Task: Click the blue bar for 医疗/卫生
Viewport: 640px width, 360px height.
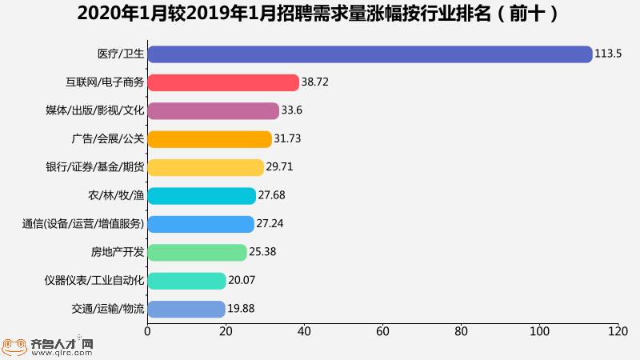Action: click(370, 54)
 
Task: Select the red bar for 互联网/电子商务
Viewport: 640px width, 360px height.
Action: click(223, 82)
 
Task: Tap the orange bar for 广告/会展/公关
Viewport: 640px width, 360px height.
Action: click(210, 139)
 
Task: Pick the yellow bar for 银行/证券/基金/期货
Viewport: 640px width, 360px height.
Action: click(206, 167)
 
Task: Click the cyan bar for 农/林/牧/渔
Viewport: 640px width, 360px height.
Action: click(202, 196)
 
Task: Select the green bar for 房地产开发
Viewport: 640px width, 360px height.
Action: click(197, 252)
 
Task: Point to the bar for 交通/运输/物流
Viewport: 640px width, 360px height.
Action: click(186, 309)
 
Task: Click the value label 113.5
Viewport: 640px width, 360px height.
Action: click(608, 54)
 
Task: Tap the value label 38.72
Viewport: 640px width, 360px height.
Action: click(315, 82)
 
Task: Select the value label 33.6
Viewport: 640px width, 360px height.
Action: click(292, 110)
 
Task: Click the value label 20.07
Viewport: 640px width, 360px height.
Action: click(242, 281)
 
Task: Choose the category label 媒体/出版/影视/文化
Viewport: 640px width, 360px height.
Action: click(95, 110)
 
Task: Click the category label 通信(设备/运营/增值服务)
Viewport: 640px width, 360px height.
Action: click(83, 224)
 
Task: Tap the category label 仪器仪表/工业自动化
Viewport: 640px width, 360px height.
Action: click(94, 281)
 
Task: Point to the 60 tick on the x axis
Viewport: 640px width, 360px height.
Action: click(382, 330)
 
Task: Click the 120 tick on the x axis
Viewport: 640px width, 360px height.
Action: click(618, 330)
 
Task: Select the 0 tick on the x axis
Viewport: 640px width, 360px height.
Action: click(147, 330)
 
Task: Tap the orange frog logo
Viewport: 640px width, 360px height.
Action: click(14, 346)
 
